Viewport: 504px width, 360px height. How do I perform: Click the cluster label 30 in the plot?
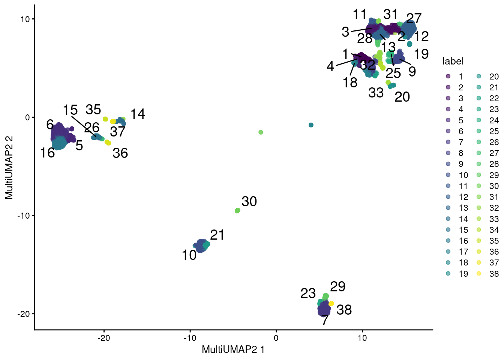coord(249,202)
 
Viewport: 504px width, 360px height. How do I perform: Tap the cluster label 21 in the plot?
coord(217,235)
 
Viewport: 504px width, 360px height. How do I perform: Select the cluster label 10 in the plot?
coord(189,255)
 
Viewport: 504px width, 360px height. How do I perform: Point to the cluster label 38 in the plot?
coord(344,310)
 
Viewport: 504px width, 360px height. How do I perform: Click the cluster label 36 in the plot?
coord(120,153)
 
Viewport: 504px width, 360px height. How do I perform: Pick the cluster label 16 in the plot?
coord(48,153)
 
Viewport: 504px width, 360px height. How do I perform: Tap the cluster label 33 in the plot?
coord(376,93)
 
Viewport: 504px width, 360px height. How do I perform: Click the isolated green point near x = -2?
coord(261,132)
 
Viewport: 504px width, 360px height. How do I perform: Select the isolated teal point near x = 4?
coord(311,125)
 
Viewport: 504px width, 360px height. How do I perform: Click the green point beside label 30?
coord(237,211)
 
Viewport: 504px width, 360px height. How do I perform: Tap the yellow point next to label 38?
coord(331,303)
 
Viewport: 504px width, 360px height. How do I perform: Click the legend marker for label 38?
coord(479,274)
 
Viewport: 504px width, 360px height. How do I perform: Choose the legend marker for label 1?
coord(448,76)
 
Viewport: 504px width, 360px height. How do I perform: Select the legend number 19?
coord(463,274)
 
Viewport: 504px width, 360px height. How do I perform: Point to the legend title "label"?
coord(453,61)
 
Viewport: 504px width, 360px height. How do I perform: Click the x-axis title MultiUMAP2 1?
coord(233,349)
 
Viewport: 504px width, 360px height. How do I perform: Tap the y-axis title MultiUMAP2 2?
coord(9,167)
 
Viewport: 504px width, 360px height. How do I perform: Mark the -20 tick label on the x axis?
coord(104,338)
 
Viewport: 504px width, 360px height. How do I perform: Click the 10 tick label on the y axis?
coord(25,19)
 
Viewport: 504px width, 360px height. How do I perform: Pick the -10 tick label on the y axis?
coord(23,216)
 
